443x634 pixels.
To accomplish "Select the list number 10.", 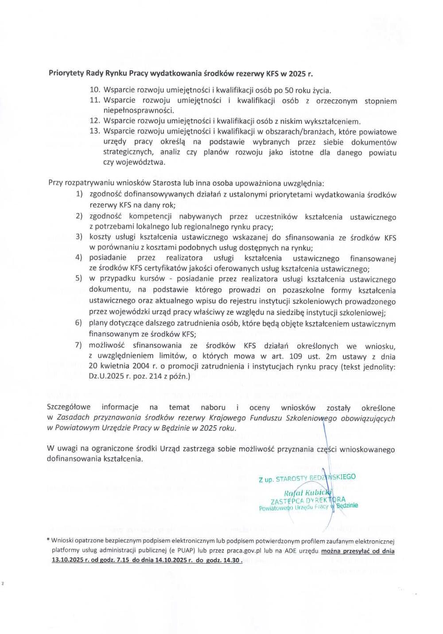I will (96, 90).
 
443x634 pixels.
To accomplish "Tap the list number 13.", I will (96, 131).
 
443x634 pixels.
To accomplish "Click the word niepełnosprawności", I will (138, 111).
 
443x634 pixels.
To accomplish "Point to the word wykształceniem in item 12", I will (336, 121).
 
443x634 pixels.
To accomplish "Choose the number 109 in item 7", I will (295, 356).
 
